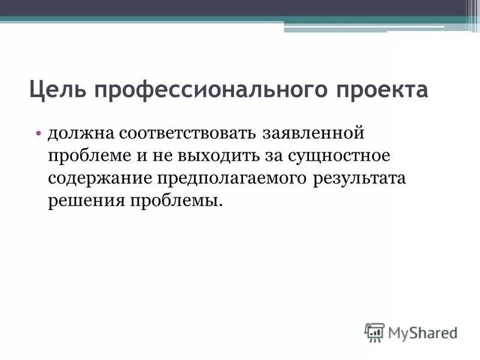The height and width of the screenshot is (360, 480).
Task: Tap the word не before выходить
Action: point(163,155)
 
